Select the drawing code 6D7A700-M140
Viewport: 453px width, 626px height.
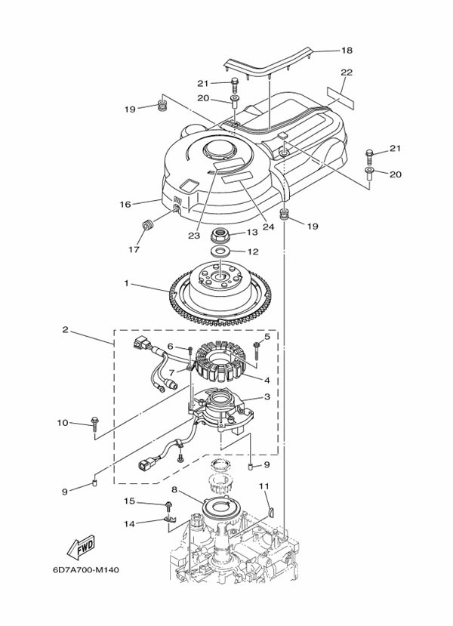(x=86, y=569)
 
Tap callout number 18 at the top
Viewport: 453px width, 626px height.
(x=347, y=51)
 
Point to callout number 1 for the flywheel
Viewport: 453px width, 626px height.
(x=127, y=283)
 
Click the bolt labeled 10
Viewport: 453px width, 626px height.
(x=94, y=423)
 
